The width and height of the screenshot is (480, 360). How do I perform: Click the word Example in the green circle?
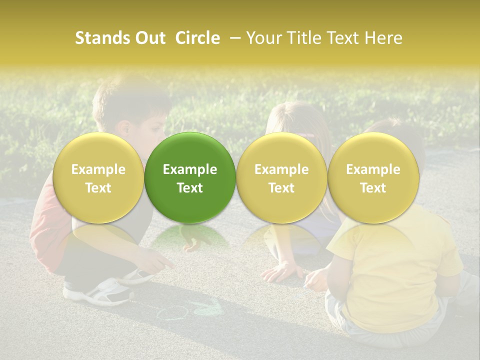[190, 169]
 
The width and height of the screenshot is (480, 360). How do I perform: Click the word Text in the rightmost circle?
[373, 188]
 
